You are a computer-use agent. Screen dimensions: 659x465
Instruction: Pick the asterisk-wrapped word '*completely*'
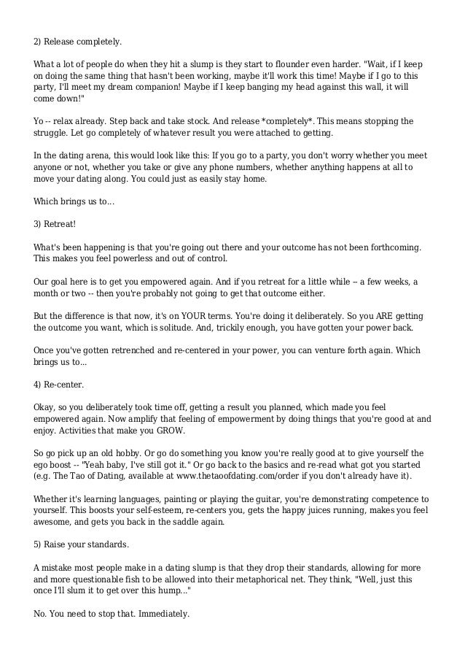pyautogui.click(x=283, y=121)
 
